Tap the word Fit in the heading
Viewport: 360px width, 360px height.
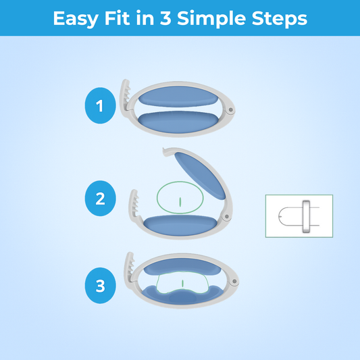tap(117, 18)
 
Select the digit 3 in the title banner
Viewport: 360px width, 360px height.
tap(165, 18)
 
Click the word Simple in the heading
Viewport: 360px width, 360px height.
tap(211, 19)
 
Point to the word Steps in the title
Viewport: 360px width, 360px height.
tap(280, 19)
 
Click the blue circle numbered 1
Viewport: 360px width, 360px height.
tap(101, 105)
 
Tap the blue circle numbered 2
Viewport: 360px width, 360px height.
tap(101, 199)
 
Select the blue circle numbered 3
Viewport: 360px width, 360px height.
tap(101, 286)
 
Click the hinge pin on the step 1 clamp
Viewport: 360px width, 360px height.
tap(230, 110)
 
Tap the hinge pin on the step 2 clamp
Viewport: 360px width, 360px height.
tap(227, 217)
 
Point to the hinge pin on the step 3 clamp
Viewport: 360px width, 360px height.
tap(234, 281)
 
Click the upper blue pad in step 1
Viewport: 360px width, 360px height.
tap(178, 97)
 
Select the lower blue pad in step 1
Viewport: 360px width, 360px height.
tap(178, 122)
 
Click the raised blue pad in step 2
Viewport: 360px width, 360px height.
tap(200, 176)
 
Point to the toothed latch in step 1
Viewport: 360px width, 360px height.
tap(126, 97)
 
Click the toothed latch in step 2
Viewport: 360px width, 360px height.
tap(134, 205)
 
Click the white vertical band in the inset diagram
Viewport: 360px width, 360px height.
tap(306, 217)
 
